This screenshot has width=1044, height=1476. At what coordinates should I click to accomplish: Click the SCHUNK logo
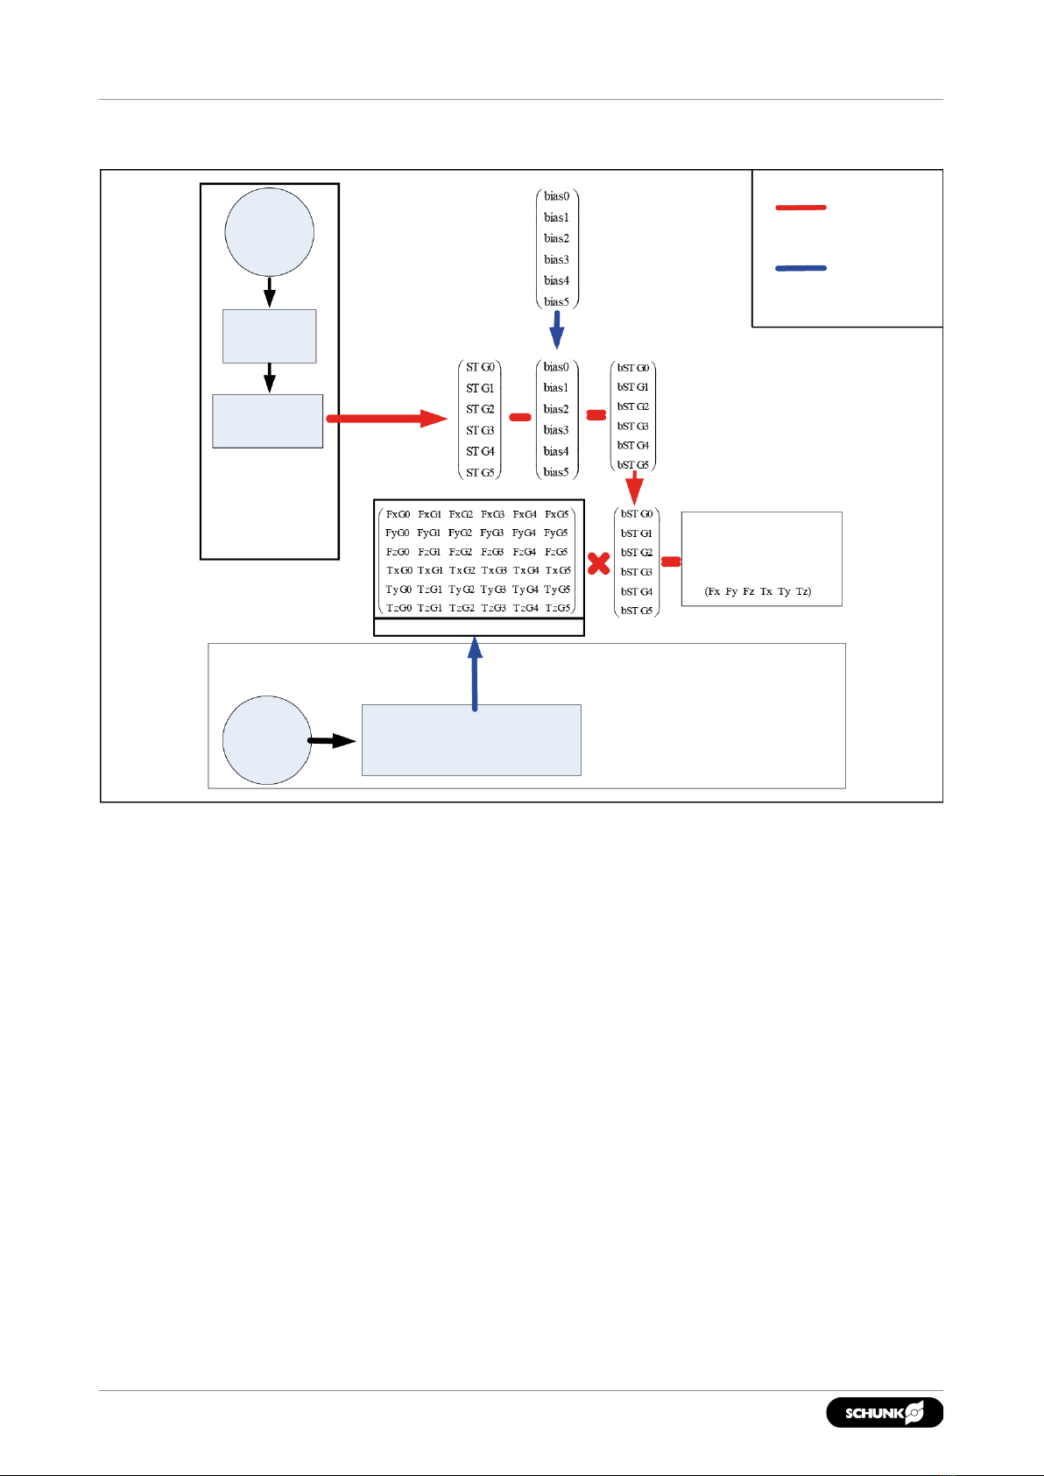coord(885,1412)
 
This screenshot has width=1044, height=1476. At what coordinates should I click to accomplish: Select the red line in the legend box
coord(801,208)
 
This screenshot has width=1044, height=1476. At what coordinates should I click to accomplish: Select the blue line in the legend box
coord(801,268)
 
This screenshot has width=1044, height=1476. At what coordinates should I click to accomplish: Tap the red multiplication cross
coord(599,562)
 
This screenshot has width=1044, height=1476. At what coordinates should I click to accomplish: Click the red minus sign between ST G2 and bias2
coord(520,417)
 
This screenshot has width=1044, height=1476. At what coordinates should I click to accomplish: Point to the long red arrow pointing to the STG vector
coord(386,419)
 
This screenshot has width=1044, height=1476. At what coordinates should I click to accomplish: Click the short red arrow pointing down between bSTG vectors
coord(635,487)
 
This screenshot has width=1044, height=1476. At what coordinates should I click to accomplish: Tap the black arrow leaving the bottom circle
coord(332,741)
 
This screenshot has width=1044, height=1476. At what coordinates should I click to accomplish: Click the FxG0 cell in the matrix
coord(398,514)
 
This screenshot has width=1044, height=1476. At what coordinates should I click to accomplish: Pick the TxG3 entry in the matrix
coord(494,570)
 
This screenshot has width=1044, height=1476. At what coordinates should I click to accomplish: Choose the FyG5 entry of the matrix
coord(556,533)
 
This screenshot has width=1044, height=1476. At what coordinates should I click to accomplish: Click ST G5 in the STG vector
coord(480,472)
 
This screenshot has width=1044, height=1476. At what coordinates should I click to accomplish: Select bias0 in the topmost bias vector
coord(556,196)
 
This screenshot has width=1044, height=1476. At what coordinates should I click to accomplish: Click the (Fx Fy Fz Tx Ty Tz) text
coord(758,591)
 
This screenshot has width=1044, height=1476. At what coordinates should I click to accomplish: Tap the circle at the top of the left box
coord(270,232)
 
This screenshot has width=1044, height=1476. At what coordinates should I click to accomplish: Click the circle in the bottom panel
coord(267,740)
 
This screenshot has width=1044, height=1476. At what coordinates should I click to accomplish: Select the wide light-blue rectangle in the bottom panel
coord(471,740)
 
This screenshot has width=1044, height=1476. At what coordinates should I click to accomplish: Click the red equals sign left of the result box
coord(671,561)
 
